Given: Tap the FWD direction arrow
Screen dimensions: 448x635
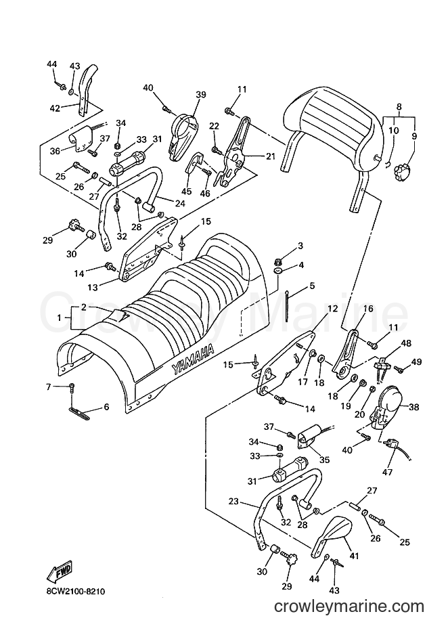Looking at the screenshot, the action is [60, 571].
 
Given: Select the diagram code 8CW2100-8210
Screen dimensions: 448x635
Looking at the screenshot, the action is [73, 592].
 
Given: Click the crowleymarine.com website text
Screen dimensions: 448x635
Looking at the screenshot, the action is [349, 607].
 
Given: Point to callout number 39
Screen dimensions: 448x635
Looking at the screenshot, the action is [201, 95].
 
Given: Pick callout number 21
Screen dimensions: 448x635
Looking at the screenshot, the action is [271, 156].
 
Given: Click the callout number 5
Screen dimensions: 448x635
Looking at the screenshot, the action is [311, 286].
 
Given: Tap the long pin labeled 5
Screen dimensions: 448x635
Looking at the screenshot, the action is [287, 306].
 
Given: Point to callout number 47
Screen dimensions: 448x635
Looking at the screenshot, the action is [387, 472].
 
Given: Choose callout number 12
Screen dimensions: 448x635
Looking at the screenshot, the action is [332, 309].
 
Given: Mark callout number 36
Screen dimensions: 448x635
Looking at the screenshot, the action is [55, 151].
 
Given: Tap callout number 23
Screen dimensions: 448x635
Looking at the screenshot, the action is [233, 502].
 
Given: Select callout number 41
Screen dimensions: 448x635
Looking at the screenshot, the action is [354, 556].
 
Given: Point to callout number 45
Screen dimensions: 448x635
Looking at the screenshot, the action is [187, 180].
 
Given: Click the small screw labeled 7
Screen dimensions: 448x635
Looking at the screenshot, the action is [72, 387].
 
